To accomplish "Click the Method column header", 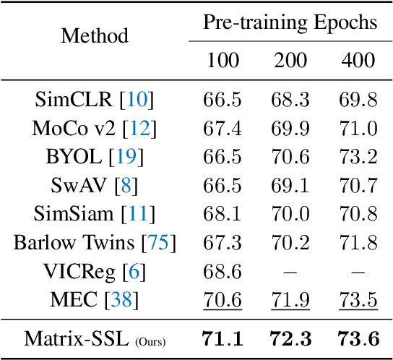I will pyautogui.click(x=95, y=35).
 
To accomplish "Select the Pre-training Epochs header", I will pyautogui.click(x=290, y=22).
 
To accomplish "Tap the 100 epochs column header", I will pyautogui.click(x=223, y=60).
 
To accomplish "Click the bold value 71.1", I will pyautogui.click(x=223, y=338).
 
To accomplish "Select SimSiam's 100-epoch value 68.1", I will pyautogui.click(x=223, y=213).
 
